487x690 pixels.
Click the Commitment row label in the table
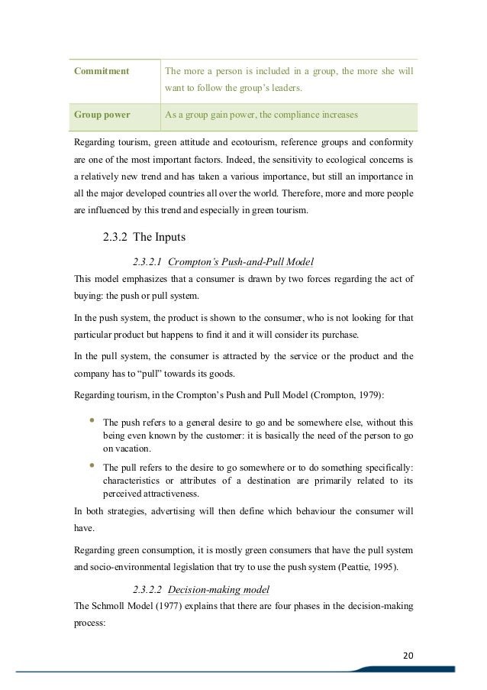[x=99, y=71]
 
